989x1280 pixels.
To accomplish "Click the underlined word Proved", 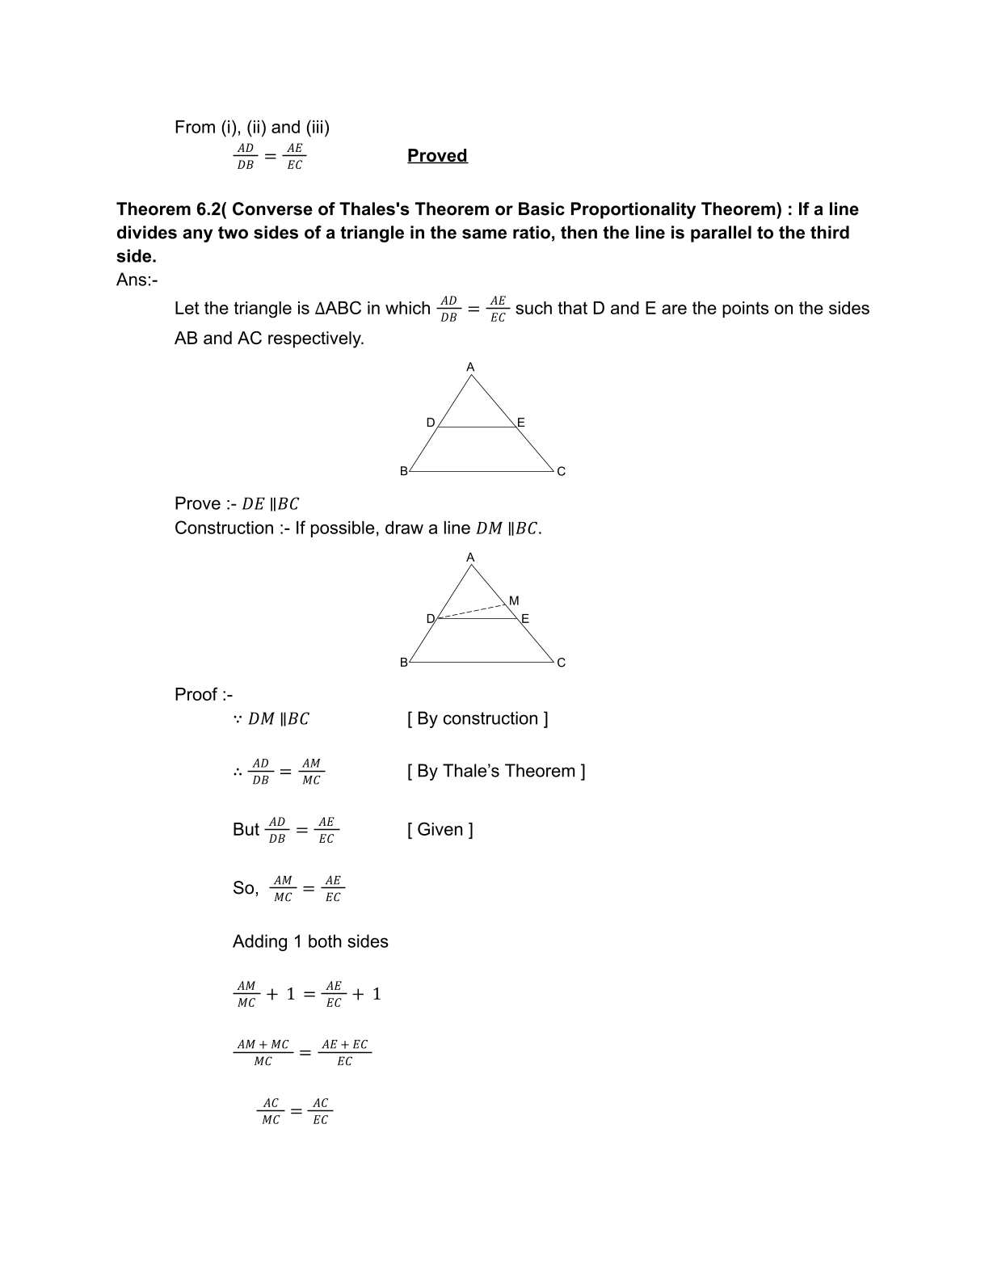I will pyautogui.click(x=437, y=155).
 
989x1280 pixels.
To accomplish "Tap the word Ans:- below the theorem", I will pyautogui.click(x=137, y=280).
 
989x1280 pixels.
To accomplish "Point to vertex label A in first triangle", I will pyautogui.click(x=470, y=368).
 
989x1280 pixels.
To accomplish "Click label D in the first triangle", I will pyautogui.click(x=431, y=423).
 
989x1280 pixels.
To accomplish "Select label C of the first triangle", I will pyautogui.click(x=562, y=471).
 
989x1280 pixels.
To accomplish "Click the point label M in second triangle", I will pyautogui.click(x=514, y=600).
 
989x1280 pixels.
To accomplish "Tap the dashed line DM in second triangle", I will pyautogui.click(x=473, y=611).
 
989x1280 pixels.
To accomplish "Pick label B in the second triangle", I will pyautogui.click(x=404, y=663).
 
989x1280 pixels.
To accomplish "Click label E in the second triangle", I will pyautogui.click(x=525, y=619).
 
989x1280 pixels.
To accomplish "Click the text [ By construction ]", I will pyautogui.click(x=478, y=718).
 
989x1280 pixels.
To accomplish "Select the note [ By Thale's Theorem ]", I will pyautogui.click(x=496, y=771).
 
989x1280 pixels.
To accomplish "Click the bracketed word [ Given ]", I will pyautogui.click(x=440, y=829).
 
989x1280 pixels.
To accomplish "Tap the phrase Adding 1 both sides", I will pyautogui.click(x=310, y=941).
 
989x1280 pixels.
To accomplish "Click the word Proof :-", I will pyautogui.click(x=204, y=694).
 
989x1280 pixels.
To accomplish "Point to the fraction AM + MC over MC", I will pyautogui.click(x=263, y=1052).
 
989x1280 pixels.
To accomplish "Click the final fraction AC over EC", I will pyautogui.click(x=321, y=1111).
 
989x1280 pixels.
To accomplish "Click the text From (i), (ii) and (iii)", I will pyautogui.click(x=252, y=127).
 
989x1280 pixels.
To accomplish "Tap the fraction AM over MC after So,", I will pyautogui.click(x=283, y=888).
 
